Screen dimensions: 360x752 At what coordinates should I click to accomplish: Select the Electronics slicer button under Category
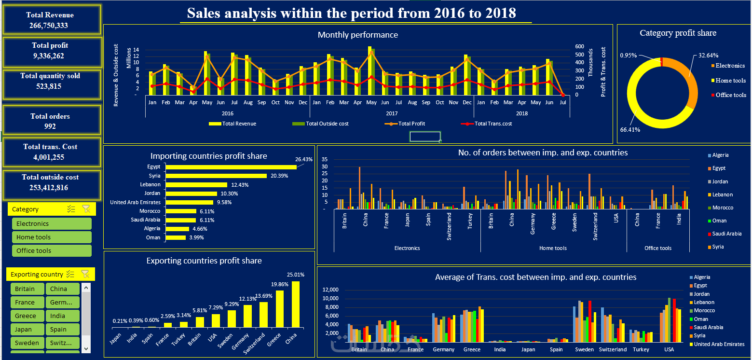(x=52, y=224)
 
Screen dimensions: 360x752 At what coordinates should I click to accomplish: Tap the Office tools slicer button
(x=52, y=251)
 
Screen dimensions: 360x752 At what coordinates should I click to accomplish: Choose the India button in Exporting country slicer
(x=62, y=316)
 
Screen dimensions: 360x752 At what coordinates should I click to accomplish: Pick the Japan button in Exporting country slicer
(x=27, y=330)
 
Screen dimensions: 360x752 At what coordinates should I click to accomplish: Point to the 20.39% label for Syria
(x=280, y=176)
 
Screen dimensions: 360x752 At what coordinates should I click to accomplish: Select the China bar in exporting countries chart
(x=296, y=305)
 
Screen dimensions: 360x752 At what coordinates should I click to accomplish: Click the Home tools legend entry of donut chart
(x=730, y=81)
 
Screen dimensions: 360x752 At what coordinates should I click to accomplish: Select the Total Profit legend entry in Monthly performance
(x=411, y=124)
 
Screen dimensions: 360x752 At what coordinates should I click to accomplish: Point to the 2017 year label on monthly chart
(x=391, y=114)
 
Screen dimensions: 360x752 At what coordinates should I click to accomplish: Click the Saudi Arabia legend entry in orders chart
(x=727, y=234)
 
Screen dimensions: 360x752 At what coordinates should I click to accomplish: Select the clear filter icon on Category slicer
(x=86, y=209)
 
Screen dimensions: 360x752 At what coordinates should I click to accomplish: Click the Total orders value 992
(x=50, y=126)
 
